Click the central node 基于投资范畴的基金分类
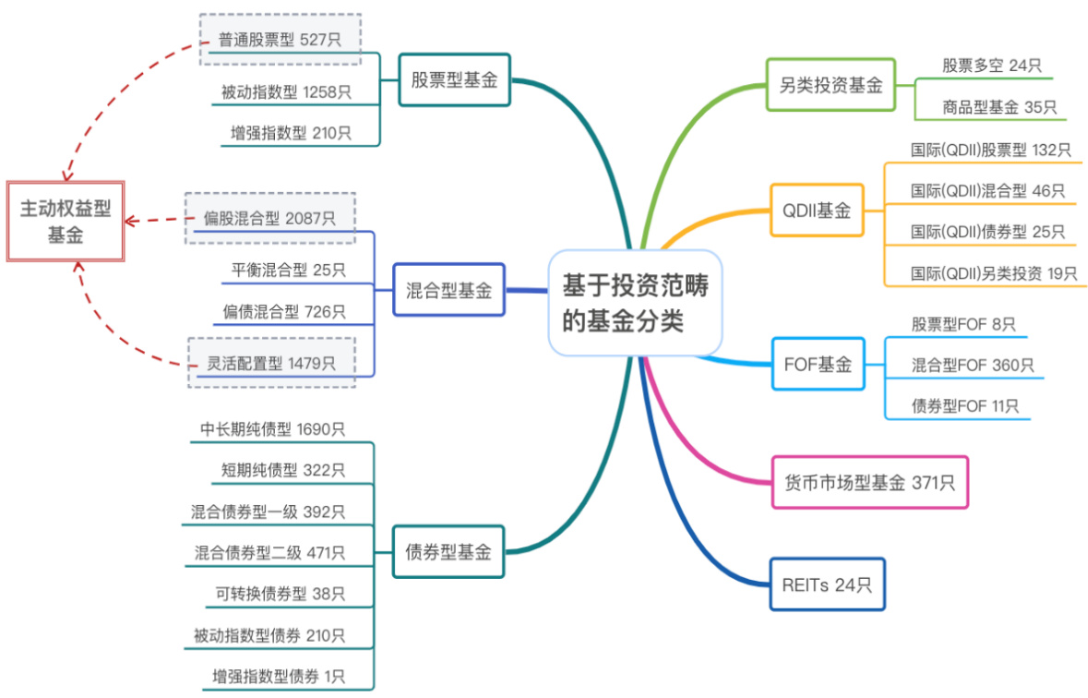[x=635, y=303]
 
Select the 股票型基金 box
[x=454, y=80]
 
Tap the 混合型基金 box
[x=448, y=290]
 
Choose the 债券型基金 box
[x=448, y=552]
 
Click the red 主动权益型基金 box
[x=66, y=222]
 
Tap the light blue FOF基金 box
[x=818, y=364]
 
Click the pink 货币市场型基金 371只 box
[x=869, y=482]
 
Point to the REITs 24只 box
[x=827, y=584]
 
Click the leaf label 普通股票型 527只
[x=281, y=40]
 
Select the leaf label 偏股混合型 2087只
[x=270, y=219]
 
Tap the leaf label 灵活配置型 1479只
[x=270, y=362]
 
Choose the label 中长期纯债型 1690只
[x=272, y=429]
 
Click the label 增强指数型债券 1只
[x=279, y=677]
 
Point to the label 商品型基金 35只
[x=986, y=107]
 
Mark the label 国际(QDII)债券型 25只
[x=987, y=231]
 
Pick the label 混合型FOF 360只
[x=973, y=365]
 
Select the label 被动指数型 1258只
[x=286, y=91]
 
